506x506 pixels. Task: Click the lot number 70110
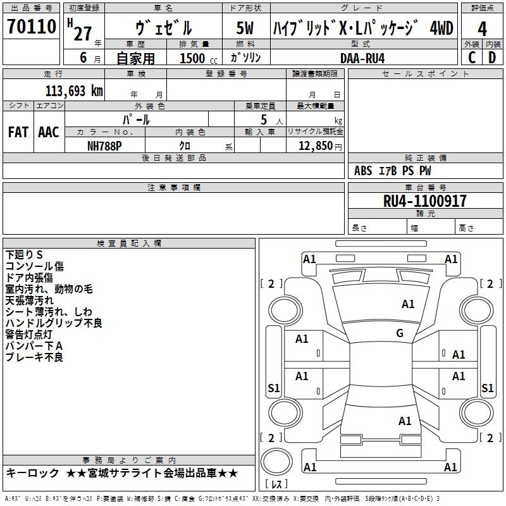coord(32,27)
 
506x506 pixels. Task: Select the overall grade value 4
coord(482,29)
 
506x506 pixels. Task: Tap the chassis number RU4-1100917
coord(425,202)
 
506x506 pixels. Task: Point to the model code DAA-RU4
coord(362,58)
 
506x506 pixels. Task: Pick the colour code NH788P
coord(105,145)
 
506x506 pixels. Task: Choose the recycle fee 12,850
coord(314,145)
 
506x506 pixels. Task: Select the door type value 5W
coord(245,28)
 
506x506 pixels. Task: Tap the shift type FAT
coord(18,132)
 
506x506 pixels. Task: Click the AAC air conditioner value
coord(49,132)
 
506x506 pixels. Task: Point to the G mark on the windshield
coord(400,333)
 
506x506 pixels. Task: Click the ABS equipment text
coord(363,171)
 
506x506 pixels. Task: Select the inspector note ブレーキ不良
coord(34,357)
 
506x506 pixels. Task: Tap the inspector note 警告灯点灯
coord(29,335)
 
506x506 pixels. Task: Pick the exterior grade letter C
coord(472,58)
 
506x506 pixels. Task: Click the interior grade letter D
coord(492,58)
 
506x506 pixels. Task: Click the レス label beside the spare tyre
coord(276,484)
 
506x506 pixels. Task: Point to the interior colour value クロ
coord(185,145)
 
